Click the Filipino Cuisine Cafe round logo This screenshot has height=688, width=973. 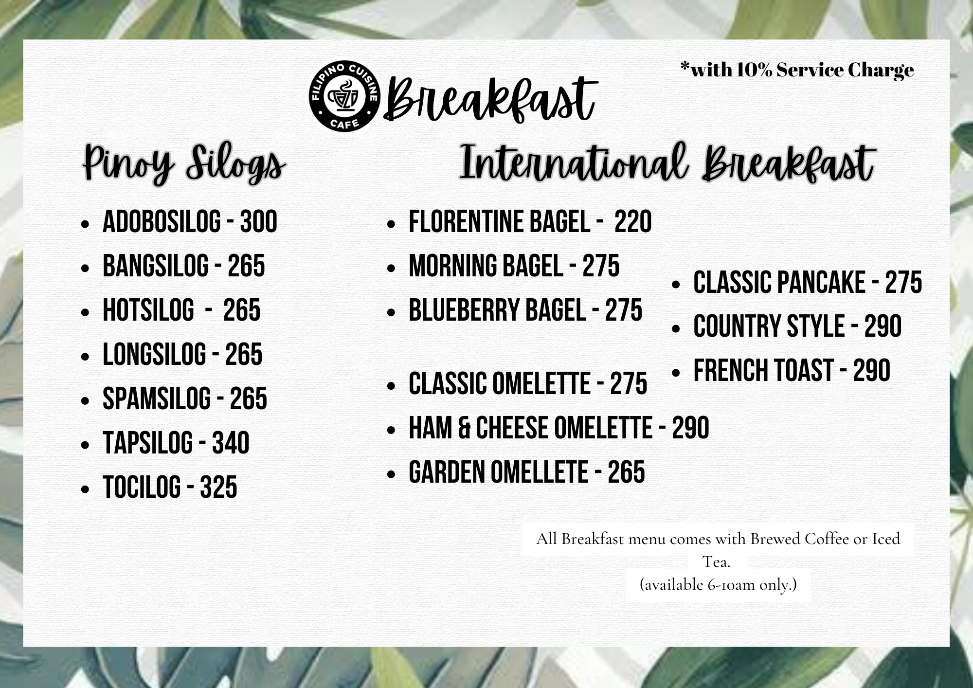(344, 97)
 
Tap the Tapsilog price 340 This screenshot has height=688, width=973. (231, 443)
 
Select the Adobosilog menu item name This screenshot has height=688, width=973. (162, 222)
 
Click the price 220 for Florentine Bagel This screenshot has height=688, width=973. (633, 222)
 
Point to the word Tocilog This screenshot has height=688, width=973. (142, 488)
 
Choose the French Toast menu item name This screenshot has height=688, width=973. (763, 371)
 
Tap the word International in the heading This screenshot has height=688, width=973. (574, 163)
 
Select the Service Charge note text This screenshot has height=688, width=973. (797, 71)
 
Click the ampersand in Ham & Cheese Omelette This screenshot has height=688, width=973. (464, 428)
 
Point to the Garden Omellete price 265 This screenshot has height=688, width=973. (627, 472)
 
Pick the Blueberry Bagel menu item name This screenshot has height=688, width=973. (497, 310)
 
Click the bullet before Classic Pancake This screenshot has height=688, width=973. (676, 285)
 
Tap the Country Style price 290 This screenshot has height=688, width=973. (883, 326)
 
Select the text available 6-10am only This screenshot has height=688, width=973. (718, 584)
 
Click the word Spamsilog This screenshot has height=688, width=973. (157, 399)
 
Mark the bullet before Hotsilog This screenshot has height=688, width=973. (86, 312)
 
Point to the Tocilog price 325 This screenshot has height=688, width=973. (218, 488)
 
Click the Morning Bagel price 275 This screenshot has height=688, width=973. (601, 266)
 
